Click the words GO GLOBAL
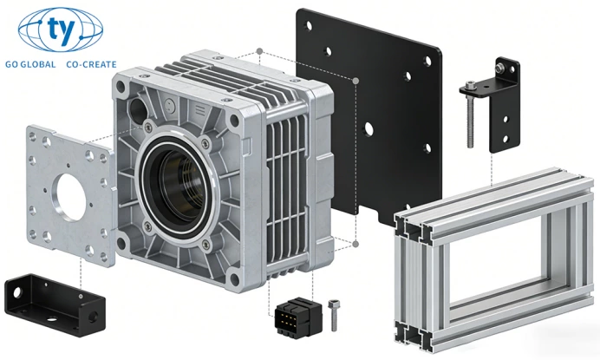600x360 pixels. pos(30,64)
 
